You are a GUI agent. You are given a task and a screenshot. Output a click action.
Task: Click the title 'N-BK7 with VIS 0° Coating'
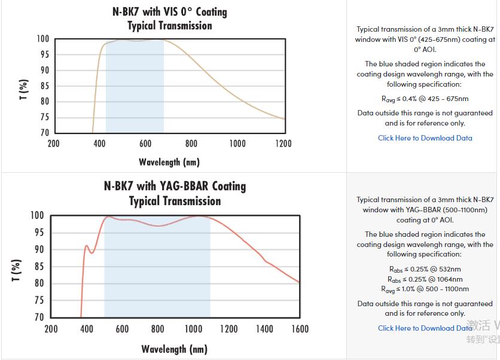pyautogui.click(x=169, y=12)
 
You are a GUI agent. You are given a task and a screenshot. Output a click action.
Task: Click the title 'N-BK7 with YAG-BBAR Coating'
pyautogui.click(x=175, y=186)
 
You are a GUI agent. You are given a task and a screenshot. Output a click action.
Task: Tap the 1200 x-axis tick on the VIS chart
pyautogui.click(x=283, y=144)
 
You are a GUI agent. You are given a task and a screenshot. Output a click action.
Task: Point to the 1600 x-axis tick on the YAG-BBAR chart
pyautogui.click(x=300, y=329)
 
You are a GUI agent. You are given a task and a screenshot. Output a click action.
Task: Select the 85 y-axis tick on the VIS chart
pyautogui.click(x=44, y=86)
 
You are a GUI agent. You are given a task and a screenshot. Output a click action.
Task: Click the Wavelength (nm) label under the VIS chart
pyautogui.click(x=169, y=162)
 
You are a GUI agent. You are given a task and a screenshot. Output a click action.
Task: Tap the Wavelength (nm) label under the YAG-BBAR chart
pyautogui.click(x=174, y=349)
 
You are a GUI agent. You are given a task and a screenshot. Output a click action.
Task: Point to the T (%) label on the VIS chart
pyautogui.click(x=24, y=90)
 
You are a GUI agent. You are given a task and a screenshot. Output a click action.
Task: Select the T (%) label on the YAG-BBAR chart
pyautogui.click(x=17, y=270)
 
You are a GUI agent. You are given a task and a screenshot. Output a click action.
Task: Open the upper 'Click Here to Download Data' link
pyautogui.click(x=425, y=138)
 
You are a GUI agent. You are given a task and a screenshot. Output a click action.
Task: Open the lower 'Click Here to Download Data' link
pyautogui.click(x=425, y=328)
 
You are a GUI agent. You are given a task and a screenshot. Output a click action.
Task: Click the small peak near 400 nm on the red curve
pyautogui.click(x=87, y=246)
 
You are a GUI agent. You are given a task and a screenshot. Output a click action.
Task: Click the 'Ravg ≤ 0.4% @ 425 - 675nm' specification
pyautogui.click(x=425, y=99)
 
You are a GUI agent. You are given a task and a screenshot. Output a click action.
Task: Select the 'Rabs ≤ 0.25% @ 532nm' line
pyautogui.click(x=425, y=269)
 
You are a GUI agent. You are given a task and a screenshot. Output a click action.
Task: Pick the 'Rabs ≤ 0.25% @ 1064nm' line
pyautogui.click(x=425, y=279)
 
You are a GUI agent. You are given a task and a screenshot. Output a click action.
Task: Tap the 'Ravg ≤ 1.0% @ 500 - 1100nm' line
pyautogui.click(x=425, y=289)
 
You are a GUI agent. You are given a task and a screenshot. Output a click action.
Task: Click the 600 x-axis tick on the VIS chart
pyautogui.click(x=145, y=144)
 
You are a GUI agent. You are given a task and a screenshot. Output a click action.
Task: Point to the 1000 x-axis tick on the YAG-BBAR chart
pyautogui.click(x=193, y=329)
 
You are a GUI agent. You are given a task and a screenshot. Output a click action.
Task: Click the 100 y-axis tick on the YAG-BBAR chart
pyautogui.click(x=37, y=215)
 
